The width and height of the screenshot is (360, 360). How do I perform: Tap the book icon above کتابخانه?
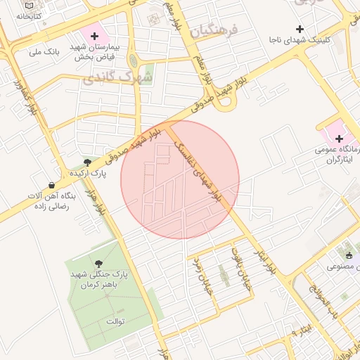(28, 6)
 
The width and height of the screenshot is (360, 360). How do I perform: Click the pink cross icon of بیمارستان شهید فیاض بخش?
(95, 34)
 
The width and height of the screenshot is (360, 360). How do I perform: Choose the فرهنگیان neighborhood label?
(214, 30)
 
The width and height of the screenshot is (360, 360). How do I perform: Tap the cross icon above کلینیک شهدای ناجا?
(300, 29)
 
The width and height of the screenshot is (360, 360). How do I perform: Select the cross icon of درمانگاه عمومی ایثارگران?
(338, 139)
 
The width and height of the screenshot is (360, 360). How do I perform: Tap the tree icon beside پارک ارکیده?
(87, 162)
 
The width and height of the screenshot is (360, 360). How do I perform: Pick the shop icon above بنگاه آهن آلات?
(52, 185)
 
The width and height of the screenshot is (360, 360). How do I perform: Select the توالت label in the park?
(114, 321)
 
